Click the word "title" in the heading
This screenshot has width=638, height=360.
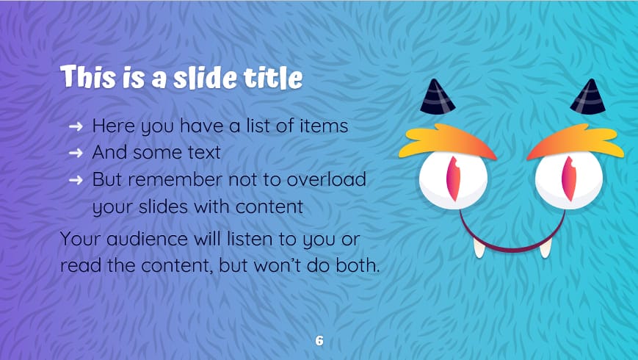click(x=275, y=76)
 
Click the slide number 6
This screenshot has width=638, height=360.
click(x=319, y=341)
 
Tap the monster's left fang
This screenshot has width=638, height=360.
click(x=479, y=248)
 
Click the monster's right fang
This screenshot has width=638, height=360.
click(x=545, y=248)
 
